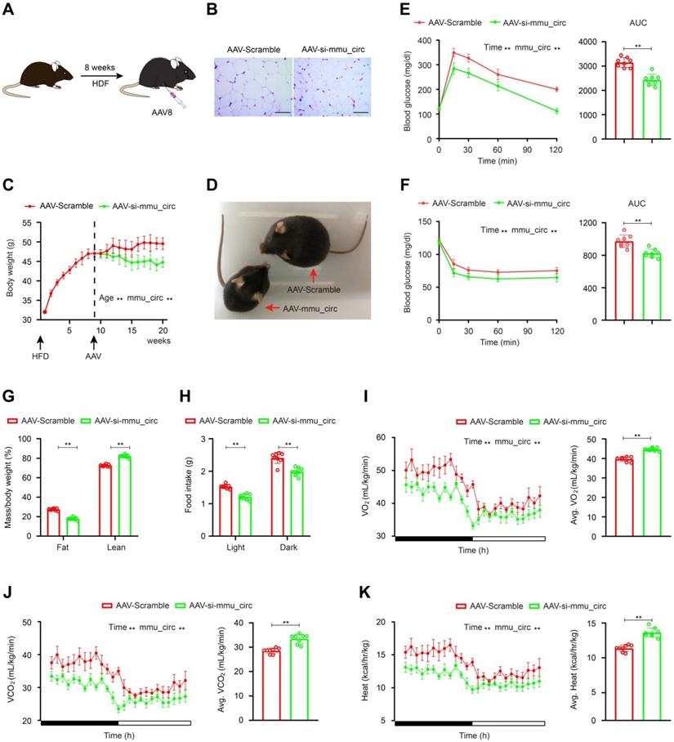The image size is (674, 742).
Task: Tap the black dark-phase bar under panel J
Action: tap(79, 723)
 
